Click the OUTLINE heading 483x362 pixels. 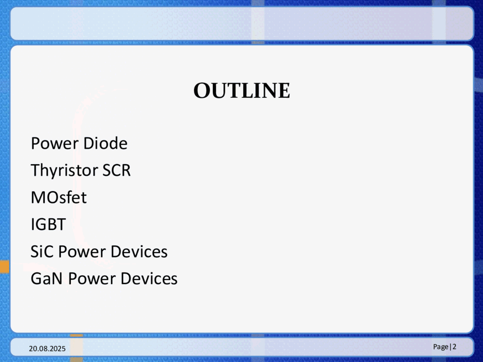(242, 91)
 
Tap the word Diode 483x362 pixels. (106, 143)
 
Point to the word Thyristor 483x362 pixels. (64, 171)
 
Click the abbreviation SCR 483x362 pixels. (117, 170)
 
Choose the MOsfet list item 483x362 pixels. (59, 197)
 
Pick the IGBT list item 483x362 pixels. (48, 224)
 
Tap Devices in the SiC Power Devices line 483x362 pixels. (139, 251)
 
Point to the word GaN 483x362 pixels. (47, 279)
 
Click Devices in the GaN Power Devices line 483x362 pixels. (149, 279)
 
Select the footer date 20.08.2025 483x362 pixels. (47, 348)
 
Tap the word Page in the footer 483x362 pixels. (441, 347)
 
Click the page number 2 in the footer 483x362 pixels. (454, 347)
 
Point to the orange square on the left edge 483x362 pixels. (4, 267)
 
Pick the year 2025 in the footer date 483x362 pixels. (58, 348)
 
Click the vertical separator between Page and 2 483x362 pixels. (450, 347)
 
